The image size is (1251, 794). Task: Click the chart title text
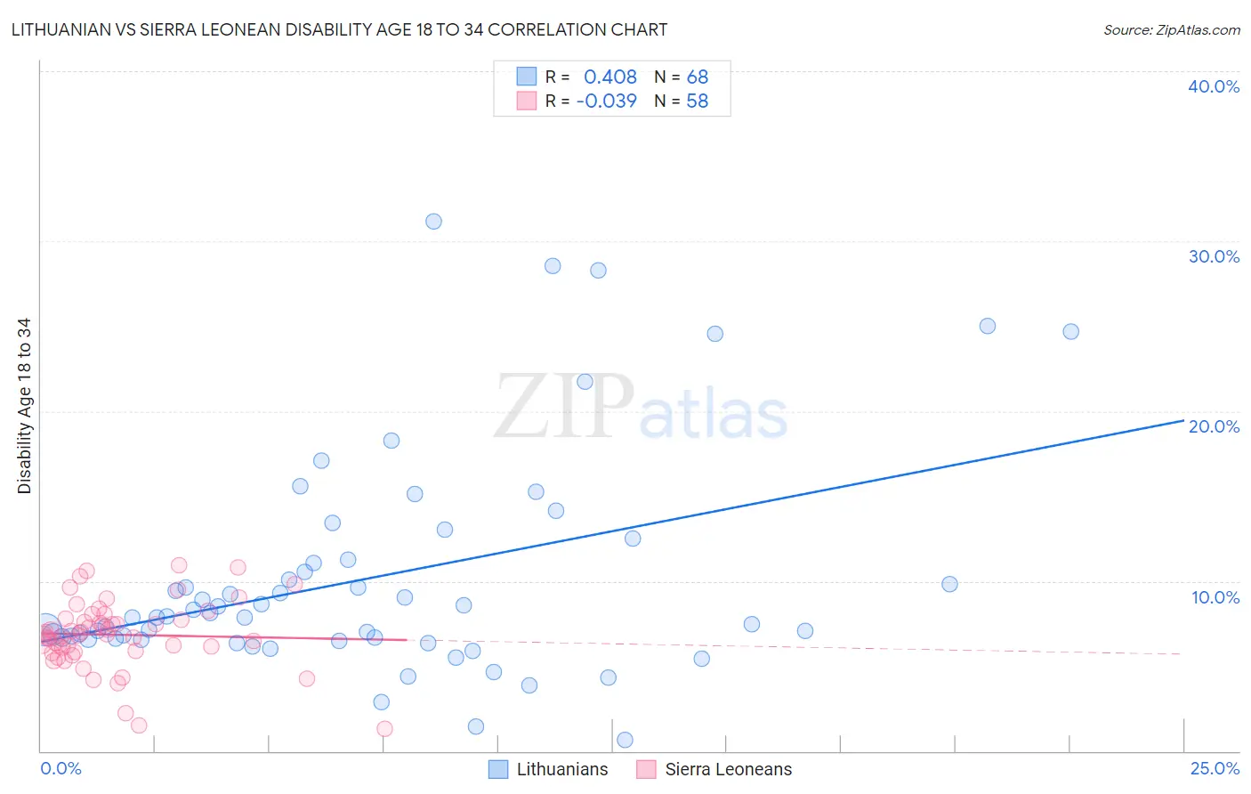click(x=339, y=29)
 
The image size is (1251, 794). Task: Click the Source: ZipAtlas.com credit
click(x=1171, y=29)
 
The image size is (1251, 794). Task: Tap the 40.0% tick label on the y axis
click(x=1213, y=86)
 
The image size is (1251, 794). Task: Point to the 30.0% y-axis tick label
click(x=1213, y=256)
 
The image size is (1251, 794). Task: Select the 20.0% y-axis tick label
click(x=1213, y=426)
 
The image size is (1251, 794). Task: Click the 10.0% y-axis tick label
click(x=1215, y=597)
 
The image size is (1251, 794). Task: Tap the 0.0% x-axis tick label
click(x=61, y=768)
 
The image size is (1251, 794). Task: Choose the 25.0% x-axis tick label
click(x=1215, y=768)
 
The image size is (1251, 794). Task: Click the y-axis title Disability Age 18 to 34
click(x=24, y=406)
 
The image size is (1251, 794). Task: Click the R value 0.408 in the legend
click(x=610, y=77)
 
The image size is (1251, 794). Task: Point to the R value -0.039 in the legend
click(x=607, y=101)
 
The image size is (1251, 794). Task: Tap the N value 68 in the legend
click(x=698, y=77)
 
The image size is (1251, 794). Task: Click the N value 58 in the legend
click(x=698, y=101)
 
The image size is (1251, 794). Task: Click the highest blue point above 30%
click(x=433, y=222)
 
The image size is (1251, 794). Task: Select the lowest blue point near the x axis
click(x=625, y=740)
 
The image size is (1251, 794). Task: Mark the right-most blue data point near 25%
click(x=1070, y=331)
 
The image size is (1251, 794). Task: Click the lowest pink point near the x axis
click(x=384, y=728)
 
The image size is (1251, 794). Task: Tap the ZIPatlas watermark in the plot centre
click(x=641, y=408)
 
